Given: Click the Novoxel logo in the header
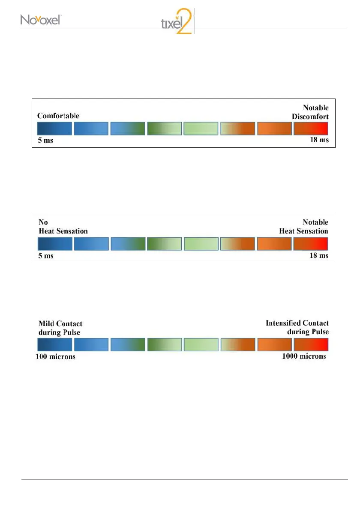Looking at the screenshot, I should [x=41, y=20].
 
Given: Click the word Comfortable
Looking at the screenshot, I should [x=58, y=116].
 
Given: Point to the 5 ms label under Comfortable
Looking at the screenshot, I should [x=45, y=141].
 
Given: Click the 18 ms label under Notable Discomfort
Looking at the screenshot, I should [x=319, y=140].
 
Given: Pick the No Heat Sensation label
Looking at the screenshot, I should [x=63, y=227].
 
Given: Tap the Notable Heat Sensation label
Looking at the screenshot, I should [x=303, y=227].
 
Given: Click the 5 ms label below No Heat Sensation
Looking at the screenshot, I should [x=45, y=255].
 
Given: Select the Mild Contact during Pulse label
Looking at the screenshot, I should [x=60, y=327].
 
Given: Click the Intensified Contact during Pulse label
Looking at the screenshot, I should [x=297, y=327].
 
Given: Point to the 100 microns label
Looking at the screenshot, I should [x=55, y=357].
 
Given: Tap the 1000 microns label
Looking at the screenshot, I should [x=304, y=356].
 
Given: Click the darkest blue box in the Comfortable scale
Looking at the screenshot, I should [x=54, y=129].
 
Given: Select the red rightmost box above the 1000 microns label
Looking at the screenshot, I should [x=311, y=344].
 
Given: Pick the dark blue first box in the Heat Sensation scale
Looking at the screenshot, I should [x=54, y=244].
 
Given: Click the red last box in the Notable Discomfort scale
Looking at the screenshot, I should [x=311, y=129].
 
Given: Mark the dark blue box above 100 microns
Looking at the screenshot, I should [x=54, y=344].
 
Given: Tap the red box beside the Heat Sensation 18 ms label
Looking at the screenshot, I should [x=311, y=244].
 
